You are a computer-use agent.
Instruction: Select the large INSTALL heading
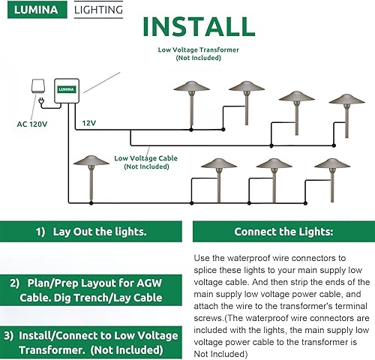click(199, 25)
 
